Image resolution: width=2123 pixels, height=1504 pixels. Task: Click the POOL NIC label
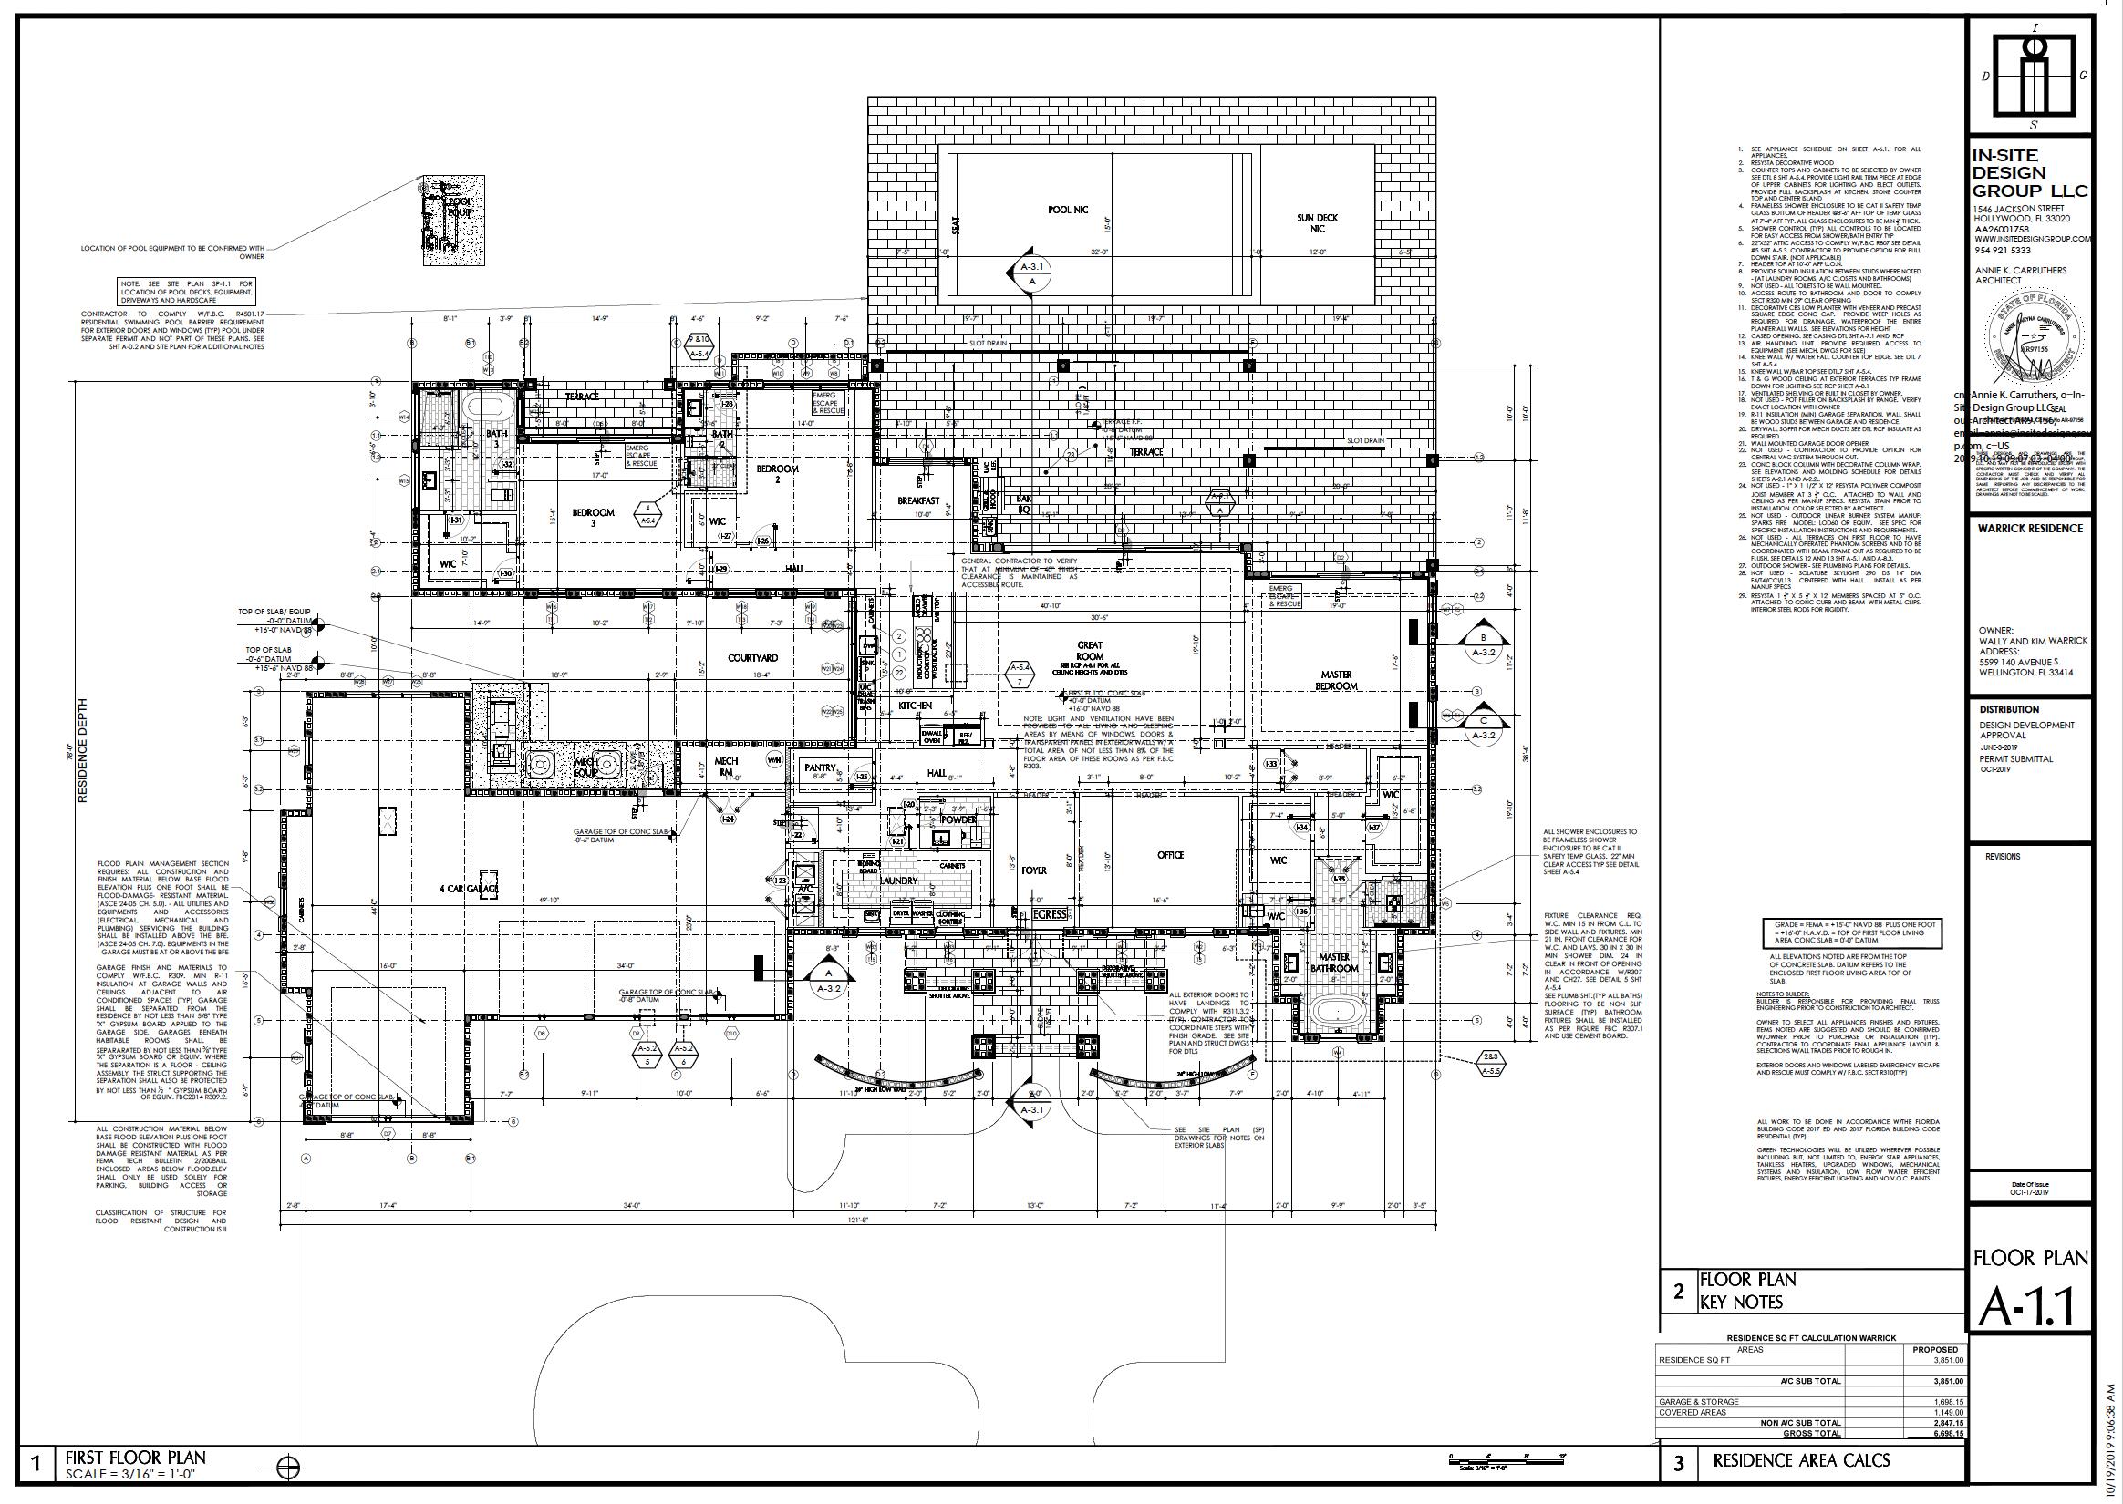coord(1067,211)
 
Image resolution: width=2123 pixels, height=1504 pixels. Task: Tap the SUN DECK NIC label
coord(1317,223)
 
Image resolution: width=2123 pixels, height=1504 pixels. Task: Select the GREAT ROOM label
coord(1089,650)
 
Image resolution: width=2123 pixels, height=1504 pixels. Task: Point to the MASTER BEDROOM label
coord(1337,680)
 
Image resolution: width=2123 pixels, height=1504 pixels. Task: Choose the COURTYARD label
coord(752,658)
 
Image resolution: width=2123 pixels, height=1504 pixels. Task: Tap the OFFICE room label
coord(1170,855)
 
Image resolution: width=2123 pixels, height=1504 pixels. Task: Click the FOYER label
coord(1034,870)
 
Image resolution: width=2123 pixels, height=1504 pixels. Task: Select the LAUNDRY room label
coord(898,881)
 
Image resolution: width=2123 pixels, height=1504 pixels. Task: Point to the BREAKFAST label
coord(918,501)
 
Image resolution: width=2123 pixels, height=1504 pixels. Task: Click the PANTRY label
coord(820,767)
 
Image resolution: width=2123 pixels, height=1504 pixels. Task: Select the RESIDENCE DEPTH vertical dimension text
coord(82,751)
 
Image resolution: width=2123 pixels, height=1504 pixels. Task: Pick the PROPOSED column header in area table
coord(1935,1375)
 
